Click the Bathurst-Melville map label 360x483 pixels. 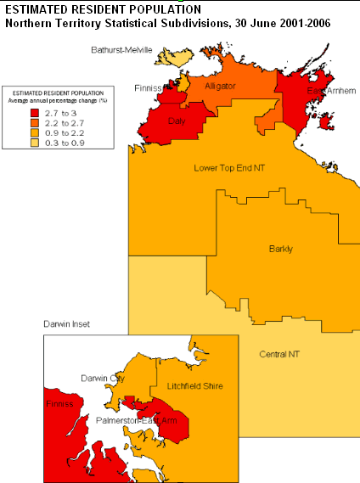[121, 50]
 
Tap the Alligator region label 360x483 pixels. [220, 85]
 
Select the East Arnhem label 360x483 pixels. [327, 90]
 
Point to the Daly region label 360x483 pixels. [177, 121]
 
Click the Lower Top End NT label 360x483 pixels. [229, 168]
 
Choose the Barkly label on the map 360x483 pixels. [280, 249]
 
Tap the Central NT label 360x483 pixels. [282, 353]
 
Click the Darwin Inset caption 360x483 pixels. [67, 324]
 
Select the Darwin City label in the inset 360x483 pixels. [102, 377]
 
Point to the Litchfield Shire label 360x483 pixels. [194, 385]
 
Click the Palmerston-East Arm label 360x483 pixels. [135, 420]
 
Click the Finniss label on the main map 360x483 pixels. [149, 87]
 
